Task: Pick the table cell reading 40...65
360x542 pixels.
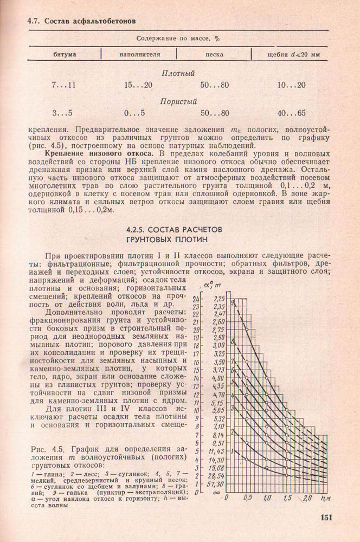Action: pos(291,113)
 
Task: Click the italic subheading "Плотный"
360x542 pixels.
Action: pos(178,73)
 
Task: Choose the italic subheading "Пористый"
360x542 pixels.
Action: pos(178,101)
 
